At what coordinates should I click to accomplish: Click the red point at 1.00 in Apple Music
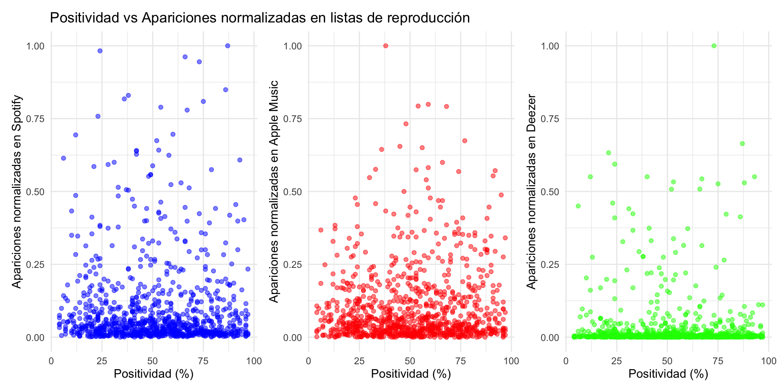[x=385, y=46]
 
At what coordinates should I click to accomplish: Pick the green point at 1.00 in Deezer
[x=714, y=46]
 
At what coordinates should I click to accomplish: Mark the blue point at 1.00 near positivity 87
[x=228, y=46]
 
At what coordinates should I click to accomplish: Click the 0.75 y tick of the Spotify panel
[x=36, y=119]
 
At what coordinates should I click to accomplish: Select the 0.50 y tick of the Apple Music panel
[x=293, y=192]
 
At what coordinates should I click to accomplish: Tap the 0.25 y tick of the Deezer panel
[x=550, y=265]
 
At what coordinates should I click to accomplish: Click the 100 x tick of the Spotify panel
[x=254, y=361]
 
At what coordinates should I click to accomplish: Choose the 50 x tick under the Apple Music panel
[x=410, y=361]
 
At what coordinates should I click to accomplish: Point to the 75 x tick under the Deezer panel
[x=718, y=361]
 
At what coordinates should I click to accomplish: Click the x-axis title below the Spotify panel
[x=154, y=374]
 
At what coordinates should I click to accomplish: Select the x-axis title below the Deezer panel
[x=668, y=374]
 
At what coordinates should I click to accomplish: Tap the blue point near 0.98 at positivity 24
[x=100, y=51]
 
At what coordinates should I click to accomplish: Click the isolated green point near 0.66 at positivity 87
[x=742, y=144]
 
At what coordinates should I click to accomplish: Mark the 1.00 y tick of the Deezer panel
[x=550, y=46]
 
